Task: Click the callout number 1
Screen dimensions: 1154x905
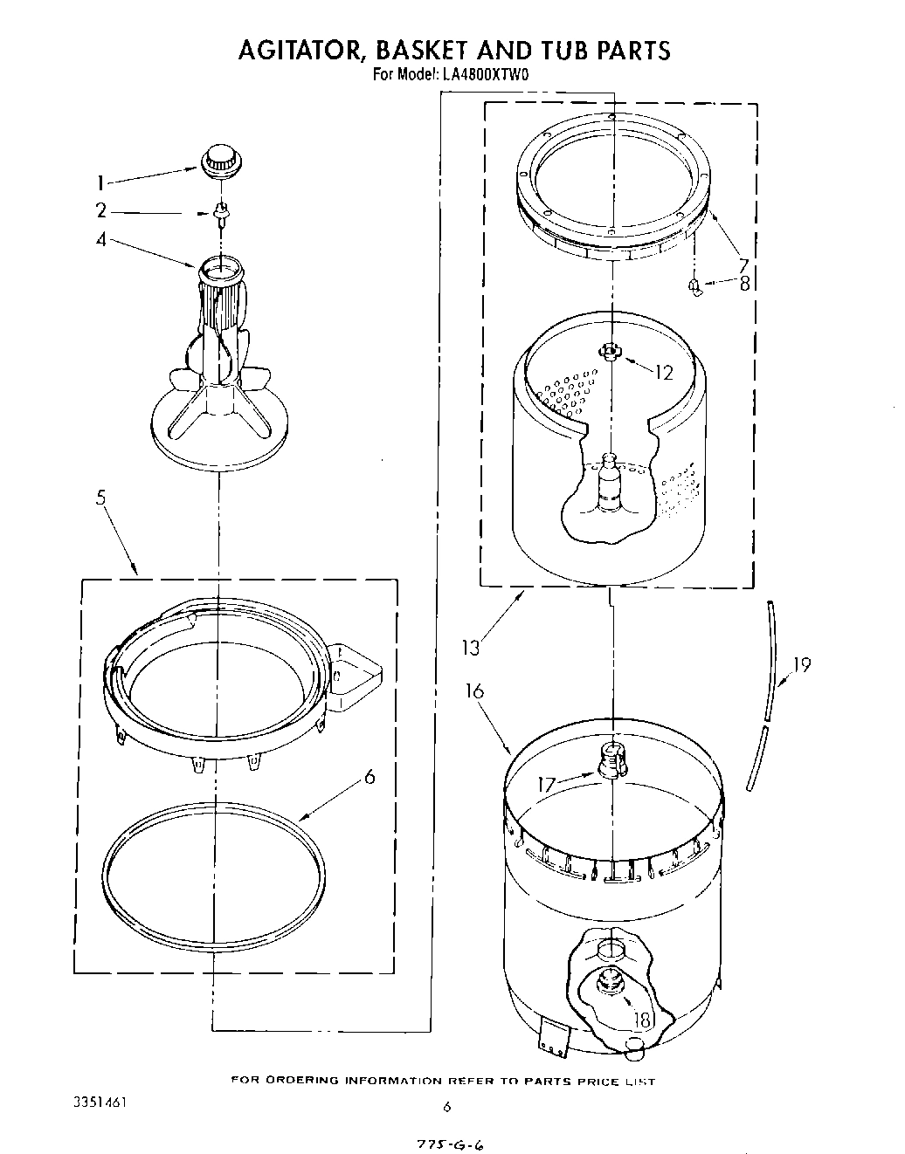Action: coord(101,183)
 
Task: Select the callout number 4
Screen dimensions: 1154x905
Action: coord(101,237)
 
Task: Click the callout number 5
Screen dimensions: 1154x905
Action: coord(101,498)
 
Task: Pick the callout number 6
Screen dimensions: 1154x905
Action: coord(370,776)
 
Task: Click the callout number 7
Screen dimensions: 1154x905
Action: coord(743,264)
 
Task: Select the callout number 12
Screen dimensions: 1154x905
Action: coord(664,373)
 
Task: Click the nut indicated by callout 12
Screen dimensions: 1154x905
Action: coord(610,351)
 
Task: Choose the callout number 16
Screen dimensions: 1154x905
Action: coord(474,691)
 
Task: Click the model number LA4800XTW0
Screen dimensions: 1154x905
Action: coord(486,75)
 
